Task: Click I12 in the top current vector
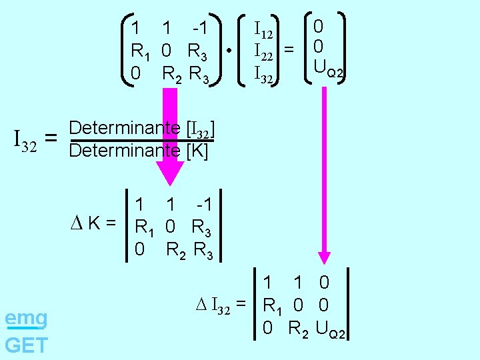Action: coord(264,30)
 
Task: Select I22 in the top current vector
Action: coord(265,51)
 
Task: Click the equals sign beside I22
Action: coord(289,49)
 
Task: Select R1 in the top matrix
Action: coord(141,51)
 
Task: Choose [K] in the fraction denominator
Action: coord(198,151)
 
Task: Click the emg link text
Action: coord(26,318)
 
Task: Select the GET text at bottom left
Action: coord(26,345)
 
